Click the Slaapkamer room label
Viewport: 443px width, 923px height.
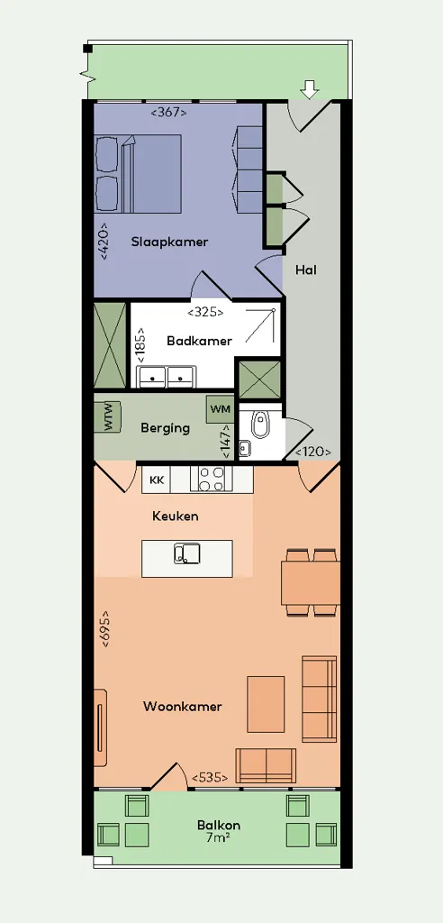169,242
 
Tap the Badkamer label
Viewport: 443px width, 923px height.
199,341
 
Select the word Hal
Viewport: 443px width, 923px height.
306,270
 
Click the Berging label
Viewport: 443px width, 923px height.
166,428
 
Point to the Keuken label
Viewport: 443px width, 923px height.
176,516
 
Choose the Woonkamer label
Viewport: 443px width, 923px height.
183,707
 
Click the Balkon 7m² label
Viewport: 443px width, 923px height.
219,831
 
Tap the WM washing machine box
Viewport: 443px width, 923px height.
220,409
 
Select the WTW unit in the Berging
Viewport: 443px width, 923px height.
108,416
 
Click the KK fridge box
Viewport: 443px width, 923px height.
157,480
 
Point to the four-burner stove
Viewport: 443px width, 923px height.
212,478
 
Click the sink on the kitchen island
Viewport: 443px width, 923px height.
187,553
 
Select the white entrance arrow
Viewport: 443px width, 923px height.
309,89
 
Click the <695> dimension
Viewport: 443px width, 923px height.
105,628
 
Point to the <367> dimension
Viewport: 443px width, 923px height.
169,111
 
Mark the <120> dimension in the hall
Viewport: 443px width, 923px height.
313,452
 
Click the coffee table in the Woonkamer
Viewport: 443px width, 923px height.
266,704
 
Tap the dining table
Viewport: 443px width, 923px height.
311,583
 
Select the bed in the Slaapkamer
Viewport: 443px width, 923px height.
139,173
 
